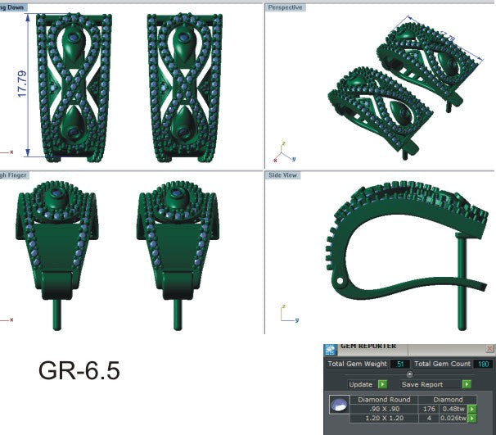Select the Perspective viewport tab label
(x=284, y=7)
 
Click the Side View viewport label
(x=283, y=175)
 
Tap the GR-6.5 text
(x=79, y=371)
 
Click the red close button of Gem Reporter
(x=489, y=348)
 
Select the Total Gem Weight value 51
(x=400, y=364)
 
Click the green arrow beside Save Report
(x=467, y=383)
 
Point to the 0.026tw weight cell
(x=452, y=419)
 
